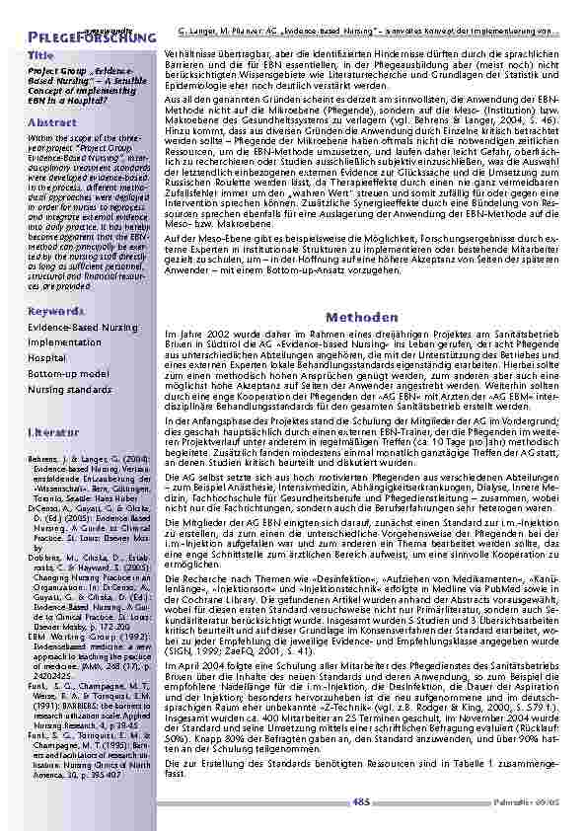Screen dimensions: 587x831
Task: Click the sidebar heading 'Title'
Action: (40, 56)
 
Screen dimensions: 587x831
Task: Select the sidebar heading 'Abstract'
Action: (52, 122)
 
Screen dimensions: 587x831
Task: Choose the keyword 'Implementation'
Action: (65, 341)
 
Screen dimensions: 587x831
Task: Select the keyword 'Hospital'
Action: (47, 358)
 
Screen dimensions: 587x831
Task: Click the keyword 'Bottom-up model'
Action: (68, 374)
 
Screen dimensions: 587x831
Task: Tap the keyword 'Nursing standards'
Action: (70, 390)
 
